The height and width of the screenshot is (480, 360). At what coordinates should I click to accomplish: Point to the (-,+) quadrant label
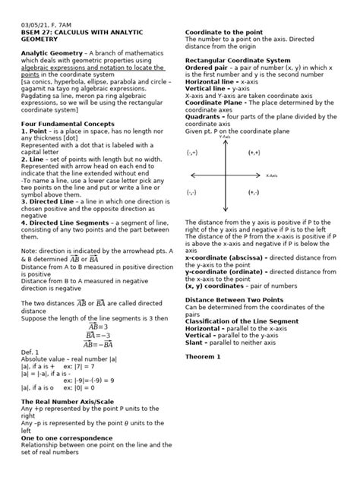pyautogui.click(x=193, y=153)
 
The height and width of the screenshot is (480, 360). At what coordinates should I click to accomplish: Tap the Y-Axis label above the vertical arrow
pyautogui.click(x=224, y=137)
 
